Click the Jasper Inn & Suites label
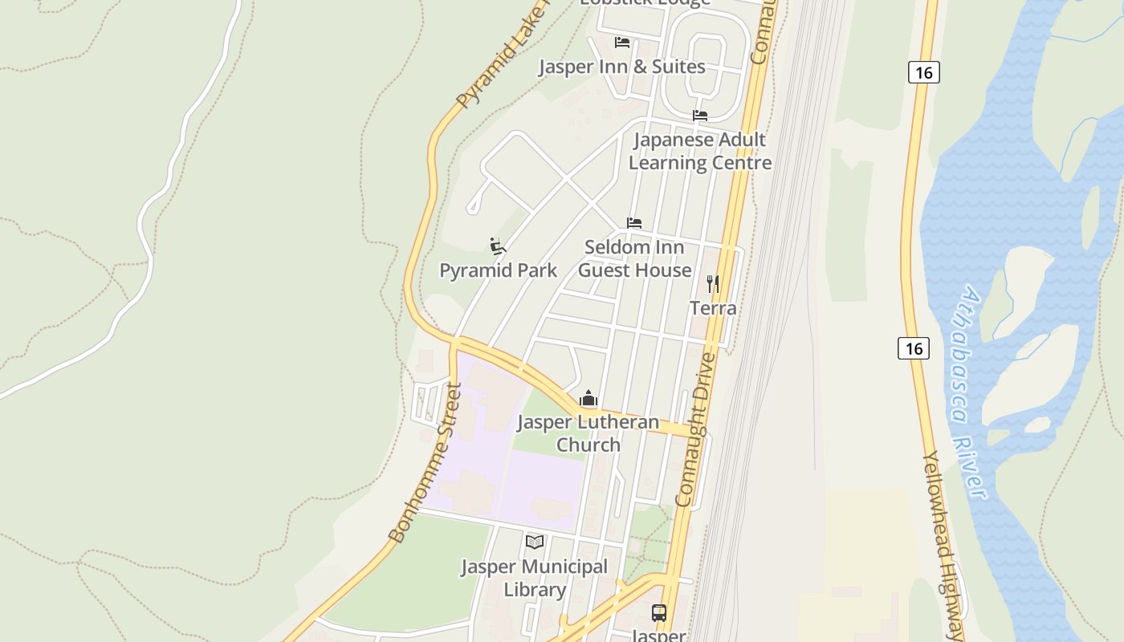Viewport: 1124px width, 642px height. (x=621, y=67)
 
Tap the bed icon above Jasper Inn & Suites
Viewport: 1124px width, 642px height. (x=621, y=42)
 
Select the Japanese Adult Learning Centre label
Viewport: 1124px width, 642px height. (x=699, y=151)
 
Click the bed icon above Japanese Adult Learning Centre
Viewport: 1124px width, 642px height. (x=699, y=116)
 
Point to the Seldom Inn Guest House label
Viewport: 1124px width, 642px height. (x=634, y=258)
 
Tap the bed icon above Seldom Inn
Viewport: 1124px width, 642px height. (x=634, y=222)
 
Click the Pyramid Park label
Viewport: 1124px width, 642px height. (x=498, y=270)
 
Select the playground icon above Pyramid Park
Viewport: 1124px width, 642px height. (x=498, y=246)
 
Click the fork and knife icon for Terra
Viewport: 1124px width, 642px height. (x=712, y=283)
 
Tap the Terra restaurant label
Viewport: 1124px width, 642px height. (x=713, y=308)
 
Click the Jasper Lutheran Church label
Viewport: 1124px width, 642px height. (x=588, y=433)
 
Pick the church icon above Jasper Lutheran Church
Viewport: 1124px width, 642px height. (x=588, y=398)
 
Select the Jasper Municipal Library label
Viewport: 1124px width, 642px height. (x=535, y=578)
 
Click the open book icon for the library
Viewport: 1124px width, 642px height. (x=535, y=542)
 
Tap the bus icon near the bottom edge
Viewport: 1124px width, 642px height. (x=659, y=613)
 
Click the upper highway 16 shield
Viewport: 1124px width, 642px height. (x=924, y=72)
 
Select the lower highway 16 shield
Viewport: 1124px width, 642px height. (x=914, y=348)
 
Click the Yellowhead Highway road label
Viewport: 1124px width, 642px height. (x=944, y=546)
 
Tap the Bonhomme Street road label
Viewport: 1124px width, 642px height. (x=424, y=464)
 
